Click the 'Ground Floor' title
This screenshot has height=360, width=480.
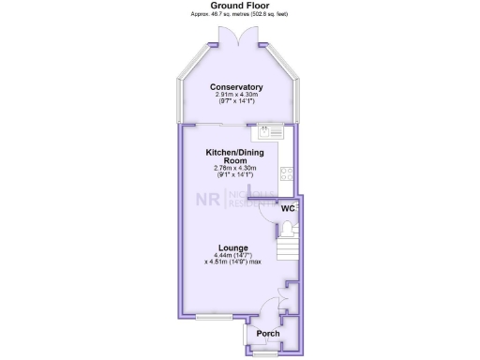(x=240, y=6)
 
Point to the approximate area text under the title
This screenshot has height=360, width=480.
(x=240, y=14)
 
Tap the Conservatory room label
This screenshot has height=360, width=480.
(x=236, y=87)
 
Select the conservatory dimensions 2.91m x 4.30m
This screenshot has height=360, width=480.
(x=236, y=95)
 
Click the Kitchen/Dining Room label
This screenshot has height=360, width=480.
(x=234, y=156)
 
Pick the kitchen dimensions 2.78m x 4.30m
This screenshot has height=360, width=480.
(x=234, y=169)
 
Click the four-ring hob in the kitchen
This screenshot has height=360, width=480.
(x=287, y=172)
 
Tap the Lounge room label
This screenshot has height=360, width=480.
(x=234, y=247)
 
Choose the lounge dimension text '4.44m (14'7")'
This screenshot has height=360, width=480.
(x=234, y=255)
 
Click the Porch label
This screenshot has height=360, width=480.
(x=268, y=334)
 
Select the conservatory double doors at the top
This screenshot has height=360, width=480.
(x=242, y=37)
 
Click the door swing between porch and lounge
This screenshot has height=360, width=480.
(x=269, y=307)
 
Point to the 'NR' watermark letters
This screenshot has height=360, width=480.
(x=204, y=199)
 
